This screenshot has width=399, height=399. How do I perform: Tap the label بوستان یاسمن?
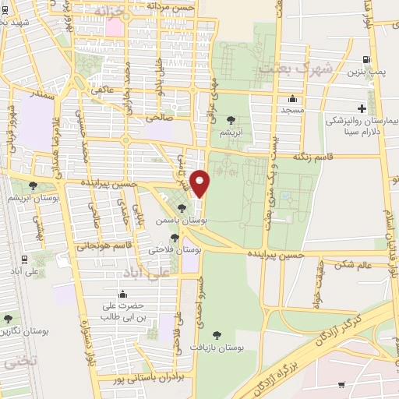coord(182,222)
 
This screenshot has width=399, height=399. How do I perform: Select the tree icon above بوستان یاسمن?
coord(182,208)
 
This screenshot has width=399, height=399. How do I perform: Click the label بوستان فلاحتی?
coord(175,251)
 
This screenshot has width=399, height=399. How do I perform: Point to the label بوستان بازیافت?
coord(217,350)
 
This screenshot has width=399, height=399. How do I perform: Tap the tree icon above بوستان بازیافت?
coord(217,336)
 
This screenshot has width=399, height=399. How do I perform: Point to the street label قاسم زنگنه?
coord(312,157)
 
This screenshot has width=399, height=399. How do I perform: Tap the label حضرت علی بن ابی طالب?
coord(123,312)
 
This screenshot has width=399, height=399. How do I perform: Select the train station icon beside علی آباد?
coord(26,260)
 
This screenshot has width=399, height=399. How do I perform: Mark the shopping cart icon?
coord(342,385)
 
